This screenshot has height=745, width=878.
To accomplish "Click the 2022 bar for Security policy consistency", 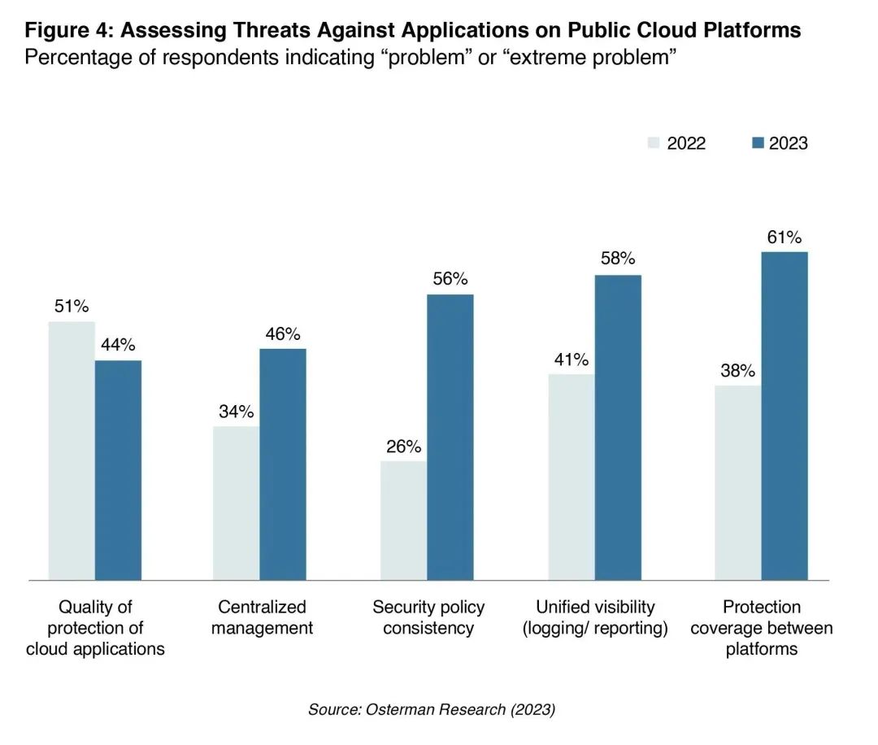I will point(403,521).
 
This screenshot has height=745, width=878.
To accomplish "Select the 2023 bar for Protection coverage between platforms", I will point(785,416).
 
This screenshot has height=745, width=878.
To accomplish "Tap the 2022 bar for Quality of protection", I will point(72,451).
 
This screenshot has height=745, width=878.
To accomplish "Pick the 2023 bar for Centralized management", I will point(283,464).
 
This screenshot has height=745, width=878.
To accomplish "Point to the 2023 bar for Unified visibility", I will point(618,427).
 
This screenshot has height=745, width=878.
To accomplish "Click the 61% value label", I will point(784,237).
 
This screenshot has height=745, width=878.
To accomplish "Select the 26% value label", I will point(403,447).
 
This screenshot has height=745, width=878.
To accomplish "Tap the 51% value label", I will point(72,307).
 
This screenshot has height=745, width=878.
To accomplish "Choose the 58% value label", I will point(618,259).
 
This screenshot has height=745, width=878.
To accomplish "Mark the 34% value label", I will point(237,411).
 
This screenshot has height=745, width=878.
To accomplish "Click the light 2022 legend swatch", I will point(653,143).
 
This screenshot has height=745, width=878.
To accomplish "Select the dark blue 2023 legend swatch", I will point(758,143).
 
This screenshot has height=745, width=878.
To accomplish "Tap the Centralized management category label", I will point(262,617).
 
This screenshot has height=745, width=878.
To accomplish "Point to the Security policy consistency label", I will point(428,617).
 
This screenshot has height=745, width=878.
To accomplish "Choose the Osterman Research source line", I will point(431,710).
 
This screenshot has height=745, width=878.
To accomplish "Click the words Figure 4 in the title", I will point(68,31).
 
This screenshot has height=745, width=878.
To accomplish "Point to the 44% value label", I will point(118,345).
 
